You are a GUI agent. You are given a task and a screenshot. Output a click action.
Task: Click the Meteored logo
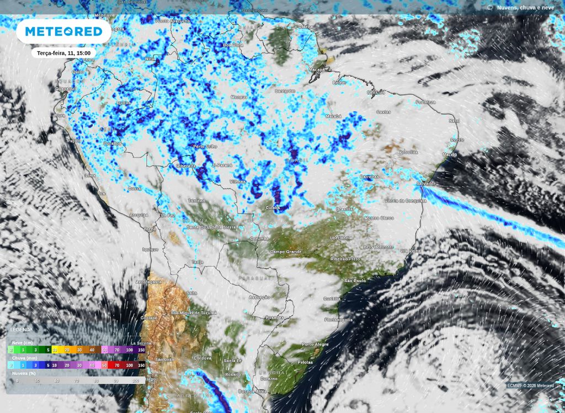[64, 31]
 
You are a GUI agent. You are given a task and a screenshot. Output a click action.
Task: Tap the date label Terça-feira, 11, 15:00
[63, 53]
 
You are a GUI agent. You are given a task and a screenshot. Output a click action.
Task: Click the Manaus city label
[238, 97]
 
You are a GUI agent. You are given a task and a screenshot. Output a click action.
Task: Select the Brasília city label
[344, 209]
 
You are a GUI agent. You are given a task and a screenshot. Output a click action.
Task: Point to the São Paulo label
[355, 281]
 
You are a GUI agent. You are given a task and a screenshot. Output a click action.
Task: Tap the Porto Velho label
[205, 146]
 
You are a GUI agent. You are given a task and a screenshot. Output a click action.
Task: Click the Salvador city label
[425, 183]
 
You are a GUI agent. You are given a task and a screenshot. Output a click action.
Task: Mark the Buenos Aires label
[252, 391]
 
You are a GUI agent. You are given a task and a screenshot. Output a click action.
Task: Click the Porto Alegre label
[315, 344]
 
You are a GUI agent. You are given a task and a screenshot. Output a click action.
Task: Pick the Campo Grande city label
[286, 252]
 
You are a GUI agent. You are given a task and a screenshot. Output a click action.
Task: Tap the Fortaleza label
[425, 102]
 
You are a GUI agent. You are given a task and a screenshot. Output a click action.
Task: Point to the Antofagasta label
[148, 282]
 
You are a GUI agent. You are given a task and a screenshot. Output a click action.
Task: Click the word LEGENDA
[22, 330]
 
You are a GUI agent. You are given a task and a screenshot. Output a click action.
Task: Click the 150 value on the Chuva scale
[141, 365]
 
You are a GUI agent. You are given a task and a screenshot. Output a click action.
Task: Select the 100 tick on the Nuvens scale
[136, 380]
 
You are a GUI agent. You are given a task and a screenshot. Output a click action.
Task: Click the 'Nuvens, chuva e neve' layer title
[525, 7]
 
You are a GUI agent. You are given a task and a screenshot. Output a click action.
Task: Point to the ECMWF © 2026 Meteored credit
[530, 385]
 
